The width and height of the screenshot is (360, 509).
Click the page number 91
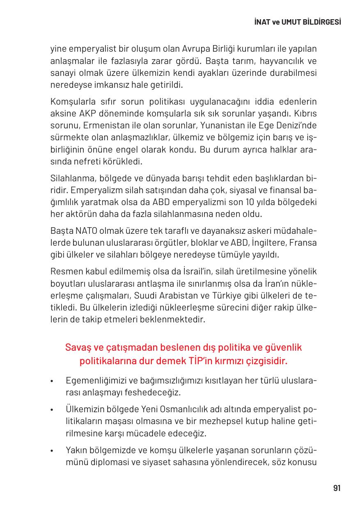pos(337,488)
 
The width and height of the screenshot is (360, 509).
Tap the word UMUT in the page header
pos(289,22)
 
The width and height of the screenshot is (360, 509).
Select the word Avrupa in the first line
pos(195,50)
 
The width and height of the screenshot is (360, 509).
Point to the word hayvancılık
pos(282,62)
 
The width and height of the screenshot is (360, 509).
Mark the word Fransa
pos(303,242)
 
